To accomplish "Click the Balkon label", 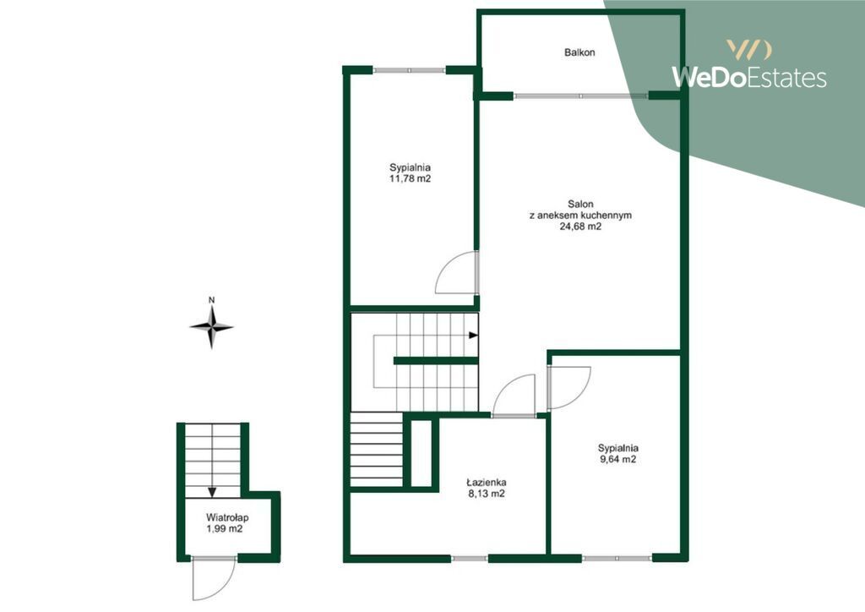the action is [579, 52].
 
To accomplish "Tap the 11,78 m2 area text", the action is [410, 179].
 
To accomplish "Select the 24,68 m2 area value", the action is [580, 227].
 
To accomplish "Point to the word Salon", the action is [580, 205].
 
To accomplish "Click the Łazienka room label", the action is [486, 483].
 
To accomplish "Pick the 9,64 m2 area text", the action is [617, 459].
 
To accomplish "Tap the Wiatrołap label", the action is [227, 517].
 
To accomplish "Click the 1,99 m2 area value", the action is [225, 528].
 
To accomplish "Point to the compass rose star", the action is [211, 327].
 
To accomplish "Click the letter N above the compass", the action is [211, 300].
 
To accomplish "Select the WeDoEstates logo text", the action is [748, 77].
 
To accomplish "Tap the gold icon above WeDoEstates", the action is [748, 50].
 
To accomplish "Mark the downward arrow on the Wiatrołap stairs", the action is [212, 492].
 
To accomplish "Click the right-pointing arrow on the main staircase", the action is [473, 335].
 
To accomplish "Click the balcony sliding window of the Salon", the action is [581, 96].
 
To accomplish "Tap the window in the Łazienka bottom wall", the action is [470, 559].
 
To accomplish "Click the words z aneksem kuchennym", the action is [580, 216].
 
